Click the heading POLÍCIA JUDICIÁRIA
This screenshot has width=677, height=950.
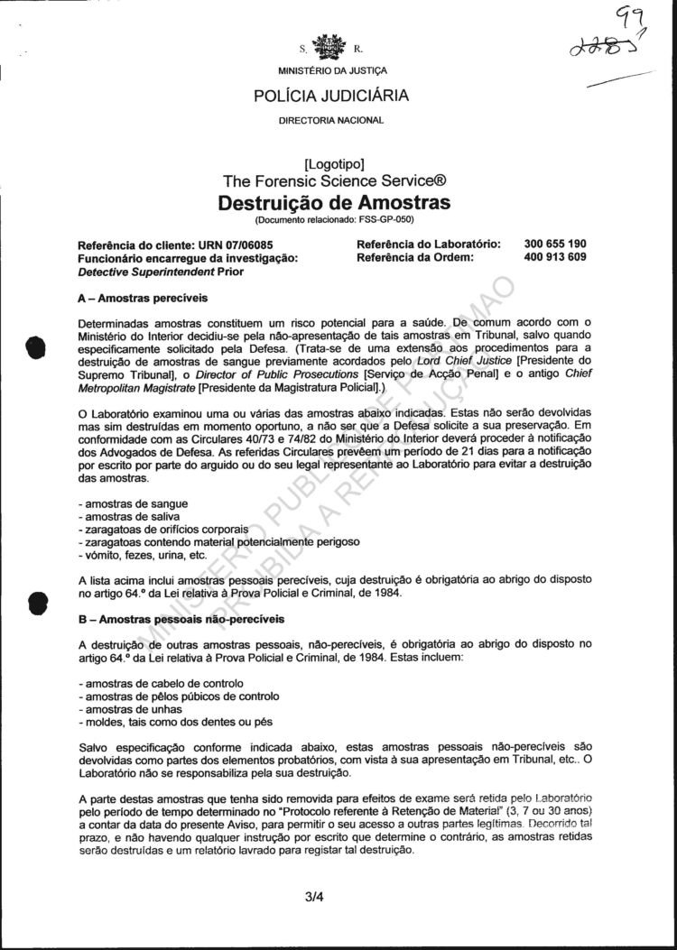click(x=331, y=96)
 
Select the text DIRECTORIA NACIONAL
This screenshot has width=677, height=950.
click(x=331, y=120)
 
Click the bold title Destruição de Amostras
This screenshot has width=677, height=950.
click(x=334, y=202)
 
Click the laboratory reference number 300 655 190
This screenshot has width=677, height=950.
click(x=555, y=244)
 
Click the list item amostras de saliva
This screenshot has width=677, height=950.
click(x=119, y=515)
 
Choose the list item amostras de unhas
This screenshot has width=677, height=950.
click(x=120, y=709)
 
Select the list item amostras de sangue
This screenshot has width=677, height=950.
click(x=123, y=502)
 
